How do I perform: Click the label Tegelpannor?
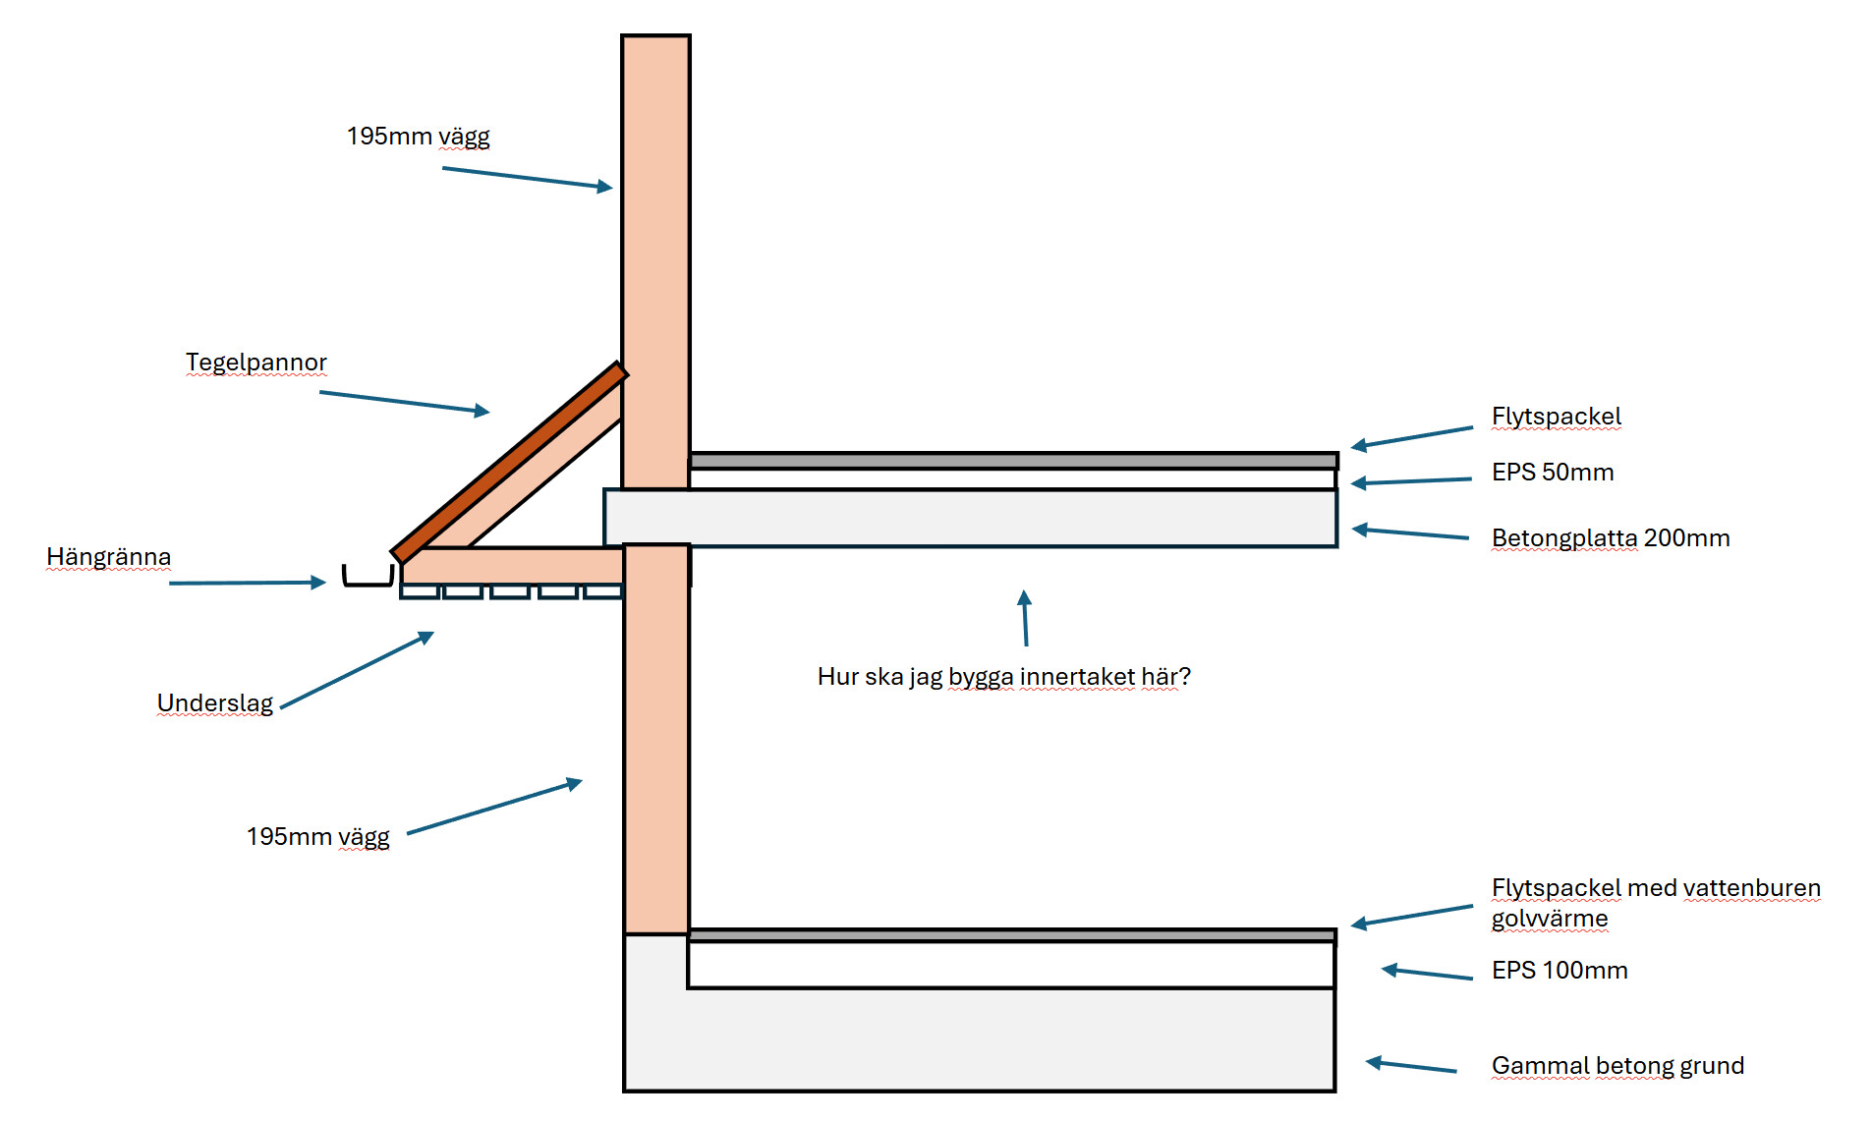pyautogui.click(x=255, y=363)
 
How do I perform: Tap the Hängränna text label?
pyautogui.click(x=108, y=557)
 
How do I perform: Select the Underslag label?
pyautogui.click(x=214, y=703)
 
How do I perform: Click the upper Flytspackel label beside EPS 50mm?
pyautogui.click(x=1556, y=417)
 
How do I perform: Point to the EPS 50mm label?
pyautogui.click(x=1552, y=473)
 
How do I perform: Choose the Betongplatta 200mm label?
pyautogui.click(x=1610, y=538)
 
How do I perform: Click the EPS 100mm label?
pyautogui.click(x=1559, y=971)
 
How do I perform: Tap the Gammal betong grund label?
pyautogui.click(x=1617, y=1066)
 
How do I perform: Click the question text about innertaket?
pyautogui.click(x=1003, y=677)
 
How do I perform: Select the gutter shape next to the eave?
pyautogui.click(x=368, y=577)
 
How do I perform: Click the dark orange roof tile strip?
pyautogui.click(x=508, y=461)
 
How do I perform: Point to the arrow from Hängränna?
pyautogui.click(x=246, y=583)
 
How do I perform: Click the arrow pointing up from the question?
pyautogui.click(x=1025, y=618)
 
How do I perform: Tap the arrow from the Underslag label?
pyautogui.click(x=357, y=670)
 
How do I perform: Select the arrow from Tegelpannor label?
pyautogui.click(x=404, y=402)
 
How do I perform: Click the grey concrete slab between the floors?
pyautogui.click(x=970, y=518)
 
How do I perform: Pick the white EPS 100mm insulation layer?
pyautogui.click(x=1010, y=965)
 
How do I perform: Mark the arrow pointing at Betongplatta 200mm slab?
pyautogui.click(x=1410, y=533)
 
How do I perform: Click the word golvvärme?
pyautogui.click(x=1549, y=919)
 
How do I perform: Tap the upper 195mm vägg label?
pyautogui.click(x=418, y=137)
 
